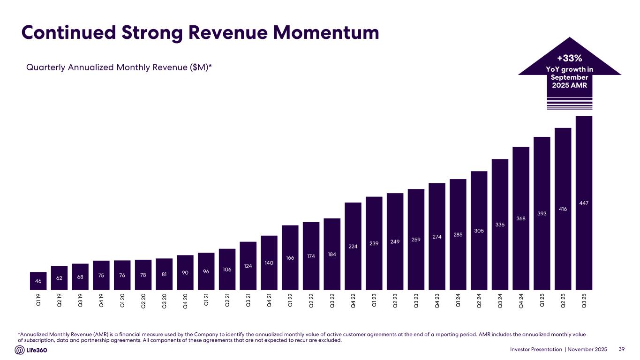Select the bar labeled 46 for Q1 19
[38, 281]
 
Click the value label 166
[290, 257]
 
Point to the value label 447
[584, 203]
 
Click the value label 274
[437, 237]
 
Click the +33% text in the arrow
[569, 59]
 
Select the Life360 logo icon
[20, 350]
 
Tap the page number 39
[622, 349]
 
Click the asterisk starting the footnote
[18, 334]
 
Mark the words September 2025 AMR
[569, 81]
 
